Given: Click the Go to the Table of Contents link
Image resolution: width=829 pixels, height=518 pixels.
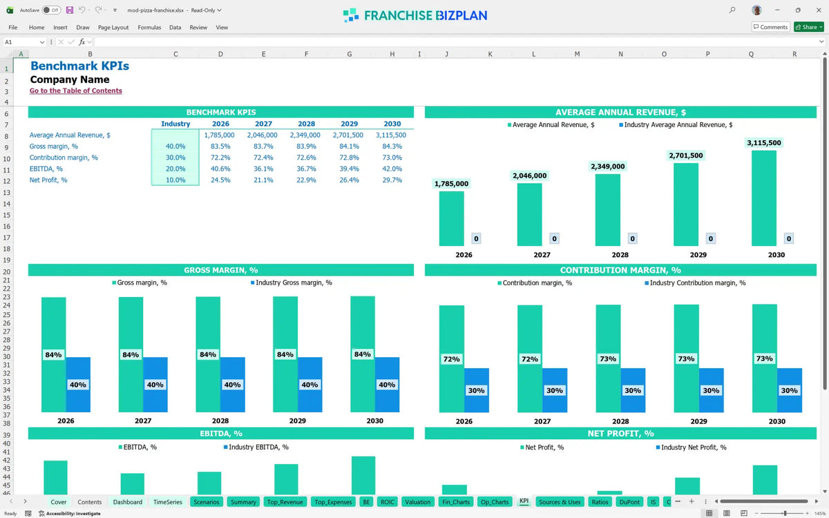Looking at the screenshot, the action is pyautogui.click(x=75, y=90).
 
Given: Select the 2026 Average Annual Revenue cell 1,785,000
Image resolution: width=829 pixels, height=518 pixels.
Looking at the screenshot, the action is pyautogui.click(x=219, y=135).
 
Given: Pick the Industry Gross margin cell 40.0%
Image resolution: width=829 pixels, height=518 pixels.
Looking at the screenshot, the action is pyautogui.click(x=175, y=146).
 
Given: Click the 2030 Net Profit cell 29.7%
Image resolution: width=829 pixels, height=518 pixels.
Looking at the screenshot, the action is pyautogui.click(x=392, y=180).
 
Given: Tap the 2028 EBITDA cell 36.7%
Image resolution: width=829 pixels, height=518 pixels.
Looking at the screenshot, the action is pyautogui.click(x=306, y=169).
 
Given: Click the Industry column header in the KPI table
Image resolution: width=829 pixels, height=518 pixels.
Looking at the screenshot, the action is pyautogui.click(x=175, y=124).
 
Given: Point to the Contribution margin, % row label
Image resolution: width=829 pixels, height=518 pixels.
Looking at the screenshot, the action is pyautogui.click(x=64, y=157).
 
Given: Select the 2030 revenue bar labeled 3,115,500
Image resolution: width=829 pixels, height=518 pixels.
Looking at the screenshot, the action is pyautogui.click(x=764, y=198).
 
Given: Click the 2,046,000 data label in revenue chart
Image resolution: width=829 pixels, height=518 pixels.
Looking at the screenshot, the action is pyautogui.click(x=530, y=175).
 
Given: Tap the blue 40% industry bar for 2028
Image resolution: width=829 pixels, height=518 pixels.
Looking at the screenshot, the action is pyautogui.click(x=232, y=385).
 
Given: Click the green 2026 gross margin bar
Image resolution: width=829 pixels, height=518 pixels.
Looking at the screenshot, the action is pyautogui.click(x=54, y=354).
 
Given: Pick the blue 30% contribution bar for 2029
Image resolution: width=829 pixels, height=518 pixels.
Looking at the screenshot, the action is pyautogui.click(x=711, y=390).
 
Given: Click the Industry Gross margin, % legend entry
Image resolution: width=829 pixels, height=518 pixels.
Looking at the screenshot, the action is pyautogui.click(x=292, y=282).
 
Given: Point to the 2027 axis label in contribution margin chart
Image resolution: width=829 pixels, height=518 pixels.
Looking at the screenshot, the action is pyautogui.click(x=542, y=421).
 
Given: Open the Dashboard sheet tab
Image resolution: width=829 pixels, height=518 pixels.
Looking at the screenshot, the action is pyautogui.click(x=128, y=501).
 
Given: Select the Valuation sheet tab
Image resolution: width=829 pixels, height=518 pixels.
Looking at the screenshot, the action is pyautogui.click(x=417, y=501).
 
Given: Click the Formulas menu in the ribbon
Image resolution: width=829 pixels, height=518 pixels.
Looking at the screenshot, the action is pyautogui.click(x=149, y=28).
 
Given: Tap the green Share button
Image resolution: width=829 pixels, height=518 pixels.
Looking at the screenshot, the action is pyautogui.click(x=809, y=27).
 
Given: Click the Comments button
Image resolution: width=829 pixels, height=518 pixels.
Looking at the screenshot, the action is pyautogui.click(x=770, y=27).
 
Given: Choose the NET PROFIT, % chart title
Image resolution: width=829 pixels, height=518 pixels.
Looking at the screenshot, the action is pyautogui.click(x=620, y=433).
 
